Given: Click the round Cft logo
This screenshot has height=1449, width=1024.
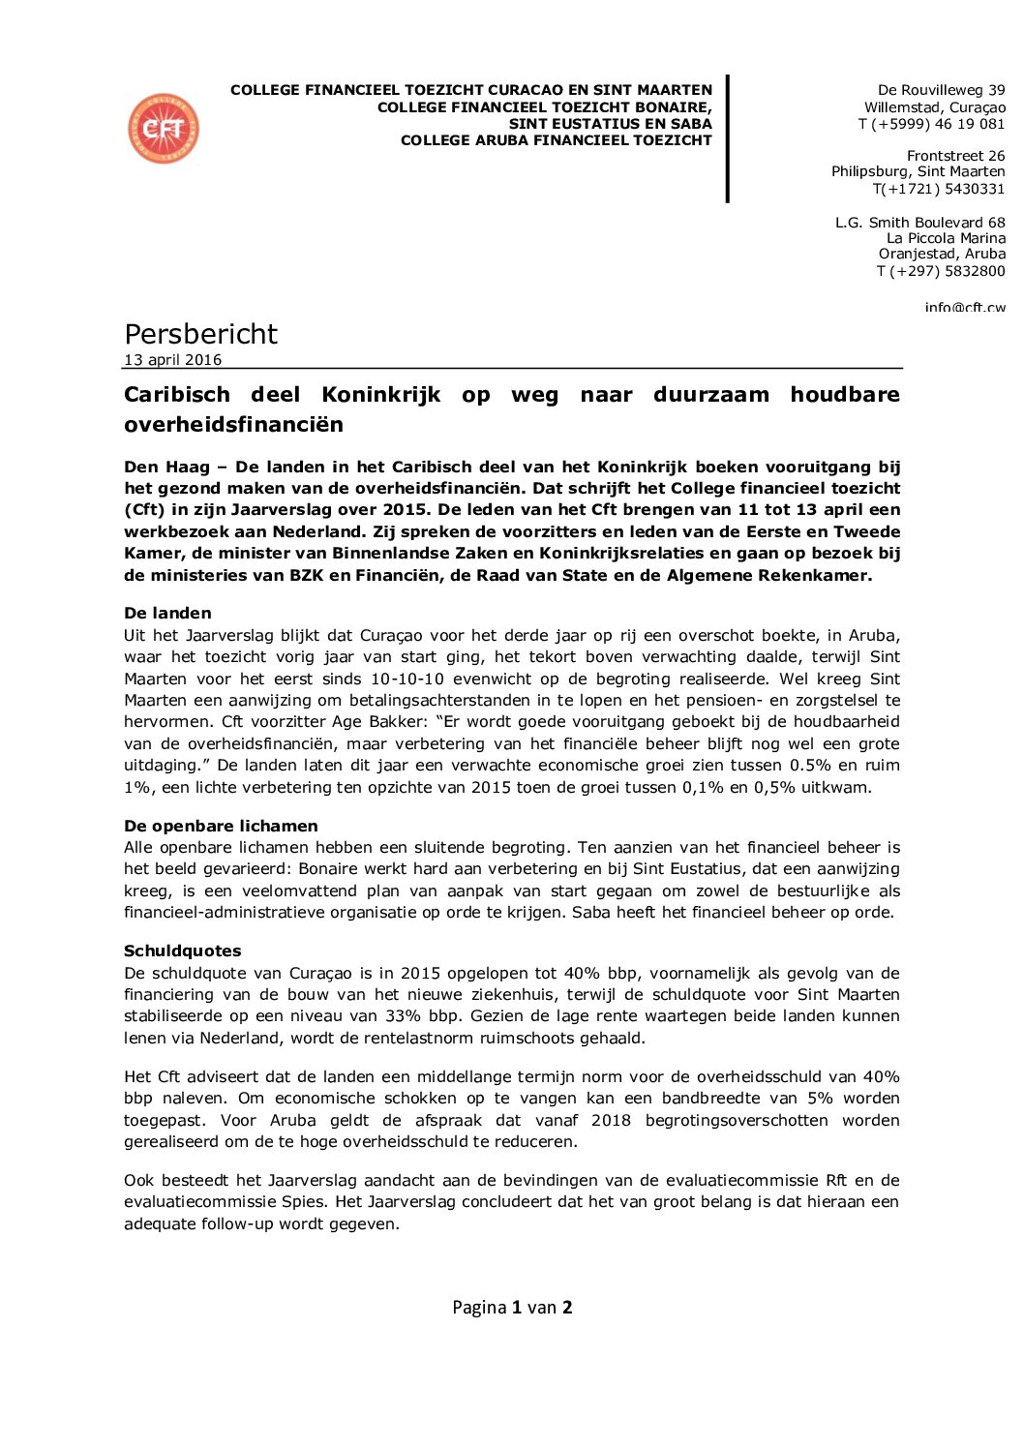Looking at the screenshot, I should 164,129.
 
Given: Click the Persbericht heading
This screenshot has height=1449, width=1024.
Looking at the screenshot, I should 200,334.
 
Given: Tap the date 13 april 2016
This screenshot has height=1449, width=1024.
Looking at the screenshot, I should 172,360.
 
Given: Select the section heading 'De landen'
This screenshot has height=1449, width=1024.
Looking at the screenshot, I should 167,613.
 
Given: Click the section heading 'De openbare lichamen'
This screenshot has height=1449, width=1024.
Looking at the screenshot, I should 221,826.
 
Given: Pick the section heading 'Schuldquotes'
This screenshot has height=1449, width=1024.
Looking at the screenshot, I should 182,951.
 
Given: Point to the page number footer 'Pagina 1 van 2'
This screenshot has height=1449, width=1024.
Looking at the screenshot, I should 512,1308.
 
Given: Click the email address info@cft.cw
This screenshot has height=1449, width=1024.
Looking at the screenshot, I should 964,308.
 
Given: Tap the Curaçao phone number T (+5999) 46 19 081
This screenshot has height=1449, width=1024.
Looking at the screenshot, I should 931,124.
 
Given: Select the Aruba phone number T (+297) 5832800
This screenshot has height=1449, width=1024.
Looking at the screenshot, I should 941,271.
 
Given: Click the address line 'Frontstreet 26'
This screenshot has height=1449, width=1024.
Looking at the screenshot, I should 955,156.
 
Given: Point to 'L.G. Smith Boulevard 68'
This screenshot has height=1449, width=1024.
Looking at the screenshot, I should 919,223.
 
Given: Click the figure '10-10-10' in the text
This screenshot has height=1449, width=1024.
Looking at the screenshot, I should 406,679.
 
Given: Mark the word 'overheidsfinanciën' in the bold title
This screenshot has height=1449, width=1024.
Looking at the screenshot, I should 233,425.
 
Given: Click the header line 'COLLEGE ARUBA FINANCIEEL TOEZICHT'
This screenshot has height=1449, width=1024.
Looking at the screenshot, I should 556,140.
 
